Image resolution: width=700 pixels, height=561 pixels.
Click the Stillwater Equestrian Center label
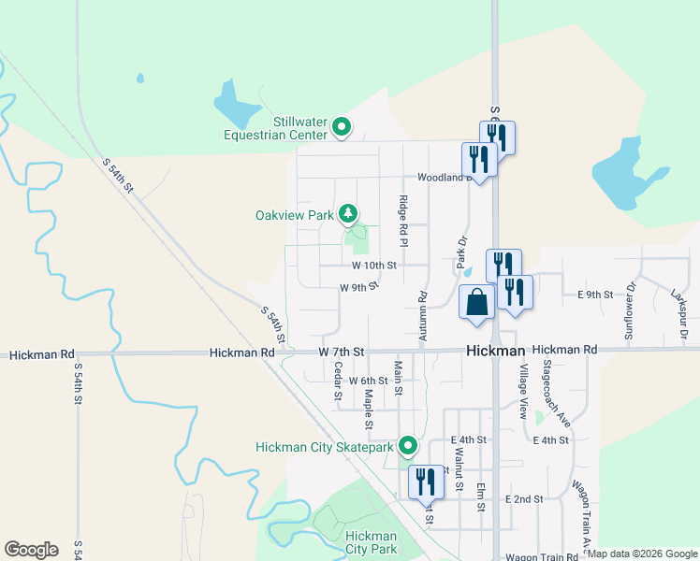pyautogui.click(x=274, y=128)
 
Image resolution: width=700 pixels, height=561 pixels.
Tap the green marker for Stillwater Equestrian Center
pyautogui.click(x=342, y=125)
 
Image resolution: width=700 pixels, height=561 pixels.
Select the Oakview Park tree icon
pyautogui.click(x=348, y=214)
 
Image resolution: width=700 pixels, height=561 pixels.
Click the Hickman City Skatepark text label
pyautogui.click(x=325, y=448)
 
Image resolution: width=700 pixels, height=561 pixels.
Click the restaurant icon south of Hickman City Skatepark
pyautogui.click(x=425, y=482)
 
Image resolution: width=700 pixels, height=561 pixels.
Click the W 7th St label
pyautogui.click(x=341, y=351)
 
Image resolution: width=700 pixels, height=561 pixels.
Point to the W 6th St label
pyautogui.click(x=368, y=381)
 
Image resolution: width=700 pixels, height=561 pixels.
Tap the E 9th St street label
pyautogui.click(x=594, y=295)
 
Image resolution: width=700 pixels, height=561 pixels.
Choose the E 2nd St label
pyautogui.click(x=524, y=499)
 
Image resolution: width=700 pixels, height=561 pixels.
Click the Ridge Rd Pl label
pyautogui.click(x=403, y=221)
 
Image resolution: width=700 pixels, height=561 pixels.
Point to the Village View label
pyautogui.click(x=523, y=391)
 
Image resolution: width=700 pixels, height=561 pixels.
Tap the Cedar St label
pyautogui.click(x=337, y=381)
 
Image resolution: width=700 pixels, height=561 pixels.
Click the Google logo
pyautogui.click(x=32, y=550)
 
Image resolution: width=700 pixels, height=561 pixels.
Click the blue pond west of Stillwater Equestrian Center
pyautogui.click(x=236, y=104)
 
